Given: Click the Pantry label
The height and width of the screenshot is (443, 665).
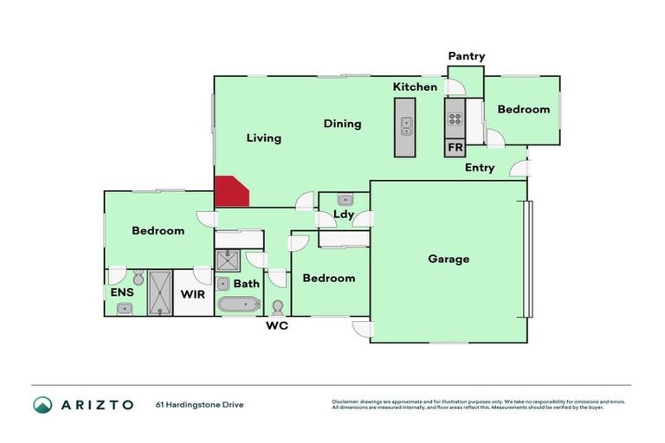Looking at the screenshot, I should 466,57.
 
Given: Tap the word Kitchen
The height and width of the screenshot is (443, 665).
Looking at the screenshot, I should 415,87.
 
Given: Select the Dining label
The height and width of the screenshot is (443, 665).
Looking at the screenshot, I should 342,124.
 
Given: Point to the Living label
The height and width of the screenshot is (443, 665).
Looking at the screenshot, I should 263,138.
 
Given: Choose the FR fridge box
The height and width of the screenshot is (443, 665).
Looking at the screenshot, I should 455,148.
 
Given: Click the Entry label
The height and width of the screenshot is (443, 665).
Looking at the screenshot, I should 480,168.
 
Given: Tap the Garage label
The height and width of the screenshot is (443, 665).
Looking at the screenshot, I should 449,259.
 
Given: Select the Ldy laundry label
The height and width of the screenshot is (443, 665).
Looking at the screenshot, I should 344,215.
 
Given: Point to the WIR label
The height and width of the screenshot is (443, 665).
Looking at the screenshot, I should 192,294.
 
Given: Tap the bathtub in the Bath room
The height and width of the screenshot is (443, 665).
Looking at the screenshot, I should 238,304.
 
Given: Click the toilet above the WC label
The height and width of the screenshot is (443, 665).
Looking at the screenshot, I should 278,306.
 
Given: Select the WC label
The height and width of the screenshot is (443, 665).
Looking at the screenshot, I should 277,326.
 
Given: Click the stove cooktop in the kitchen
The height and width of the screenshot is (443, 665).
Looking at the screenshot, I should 455,120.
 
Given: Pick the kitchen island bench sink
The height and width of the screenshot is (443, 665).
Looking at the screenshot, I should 405,126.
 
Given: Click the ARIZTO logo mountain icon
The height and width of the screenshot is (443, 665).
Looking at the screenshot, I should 42,405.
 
